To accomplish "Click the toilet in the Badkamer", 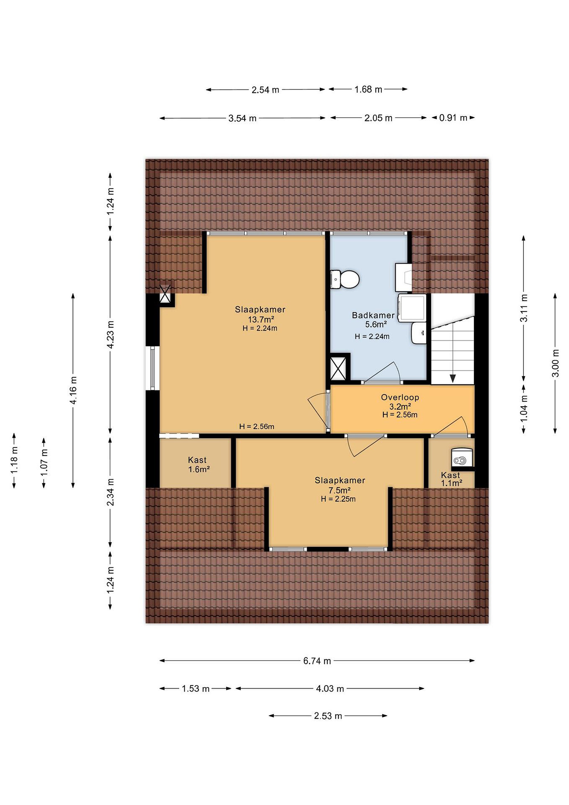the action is tap(345, 280).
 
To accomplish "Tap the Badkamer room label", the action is tap(373, 315).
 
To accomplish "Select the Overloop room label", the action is tap(400, 397).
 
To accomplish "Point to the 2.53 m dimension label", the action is tap(328, 716).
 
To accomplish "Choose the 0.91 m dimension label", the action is tap(453, 118).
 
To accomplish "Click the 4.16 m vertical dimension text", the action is tap(73, 390).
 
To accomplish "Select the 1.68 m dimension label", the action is tap(368, 89).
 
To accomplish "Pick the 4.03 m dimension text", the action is tap(330, 689).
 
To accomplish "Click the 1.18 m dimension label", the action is tap(14, 460).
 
